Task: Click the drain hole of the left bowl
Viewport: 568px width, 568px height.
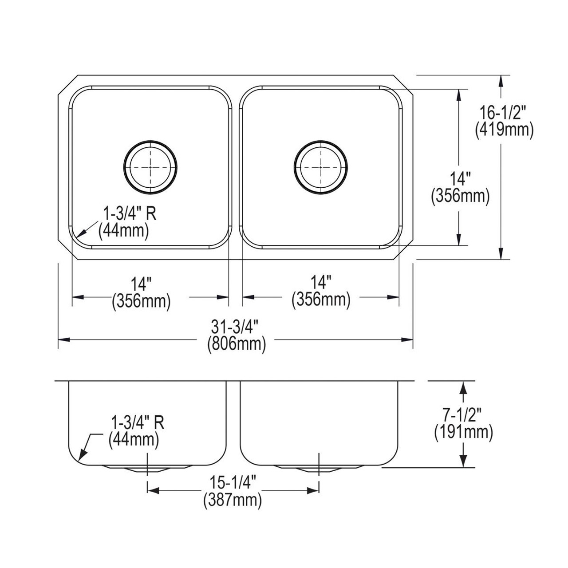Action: coord(150,167)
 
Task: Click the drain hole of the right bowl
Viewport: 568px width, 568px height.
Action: coord(321,167)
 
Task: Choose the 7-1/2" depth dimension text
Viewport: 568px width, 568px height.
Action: coord(464,415)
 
